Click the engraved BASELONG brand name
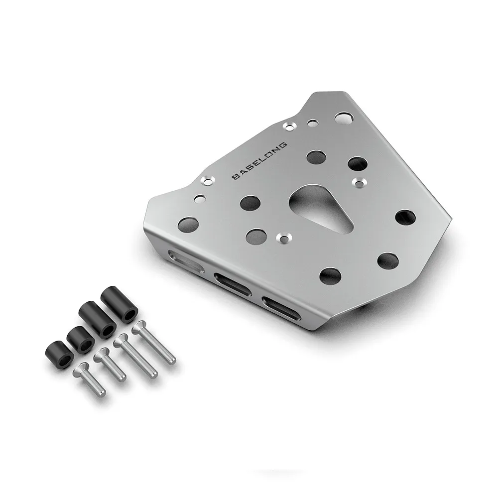click(x=259, y=161)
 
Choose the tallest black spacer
click(x=119, y=305)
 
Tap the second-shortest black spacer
click(x=80, y=340)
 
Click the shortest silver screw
click(x=89, y=378)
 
